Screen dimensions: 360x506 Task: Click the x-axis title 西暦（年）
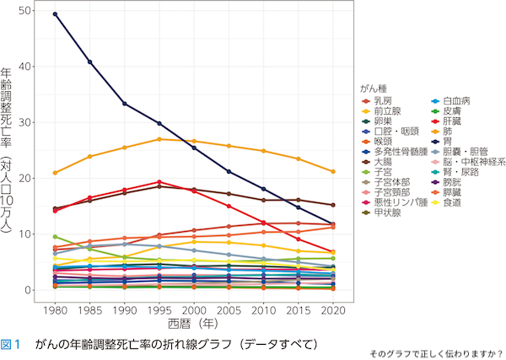coord(194,324)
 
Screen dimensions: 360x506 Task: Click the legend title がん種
coord(372,87)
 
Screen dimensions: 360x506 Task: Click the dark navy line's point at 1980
coord(55,14)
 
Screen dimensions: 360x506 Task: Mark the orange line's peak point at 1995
coord(159,139)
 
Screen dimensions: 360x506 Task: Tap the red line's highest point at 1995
coord(159,182)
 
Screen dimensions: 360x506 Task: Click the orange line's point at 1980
coord(55,173)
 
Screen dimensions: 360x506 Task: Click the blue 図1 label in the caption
coord(11,345)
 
